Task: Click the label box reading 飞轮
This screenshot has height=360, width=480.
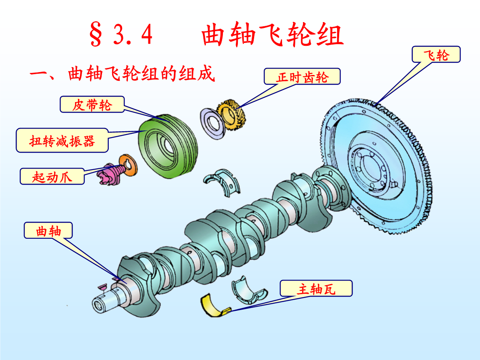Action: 436,55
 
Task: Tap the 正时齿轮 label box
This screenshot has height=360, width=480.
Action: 302,77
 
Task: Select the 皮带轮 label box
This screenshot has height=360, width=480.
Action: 92,105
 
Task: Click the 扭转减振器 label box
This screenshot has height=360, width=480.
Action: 62,140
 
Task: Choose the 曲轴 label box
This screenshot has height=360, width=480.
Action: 48,230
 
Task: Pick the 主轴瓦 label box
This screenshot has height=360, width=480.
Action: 316,288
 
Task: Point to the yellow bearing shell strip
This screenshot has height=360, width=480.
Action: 214,305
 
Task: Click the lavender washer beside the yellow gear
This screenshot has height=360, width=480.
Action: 213,123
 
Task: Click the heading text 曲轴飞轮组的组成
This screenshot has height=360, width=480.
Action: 141,75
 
